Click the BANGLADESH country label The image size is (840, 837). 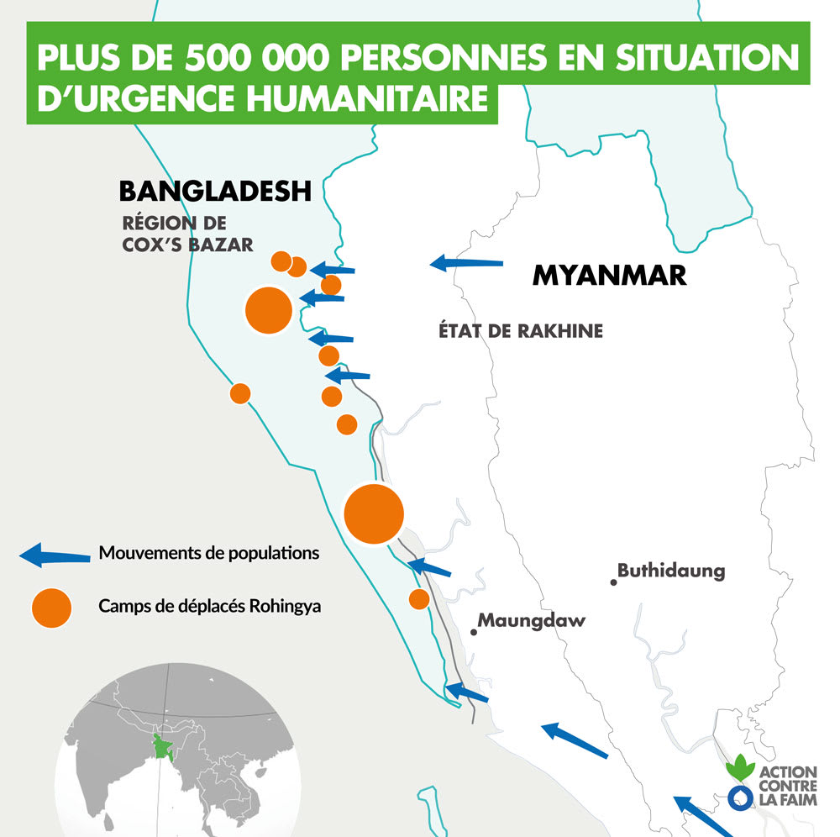(215, 191)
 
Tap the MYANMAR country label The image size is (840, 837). (609, 275)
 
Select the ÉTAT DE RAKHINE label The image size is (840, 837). (521, 331)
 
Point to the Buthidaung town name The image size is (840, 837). (671, 571)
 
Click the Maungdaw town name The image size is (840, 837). (532, 621)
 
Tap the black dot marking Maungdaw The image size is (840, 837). (474, 631)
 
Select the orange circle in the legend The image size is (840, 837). (51, 607)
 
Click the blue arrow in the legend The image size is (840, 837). (54, 555)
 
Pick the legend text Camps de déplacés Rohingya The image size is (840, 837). (210, 606)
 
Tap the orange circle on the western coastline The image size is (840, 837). (240, 393)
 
